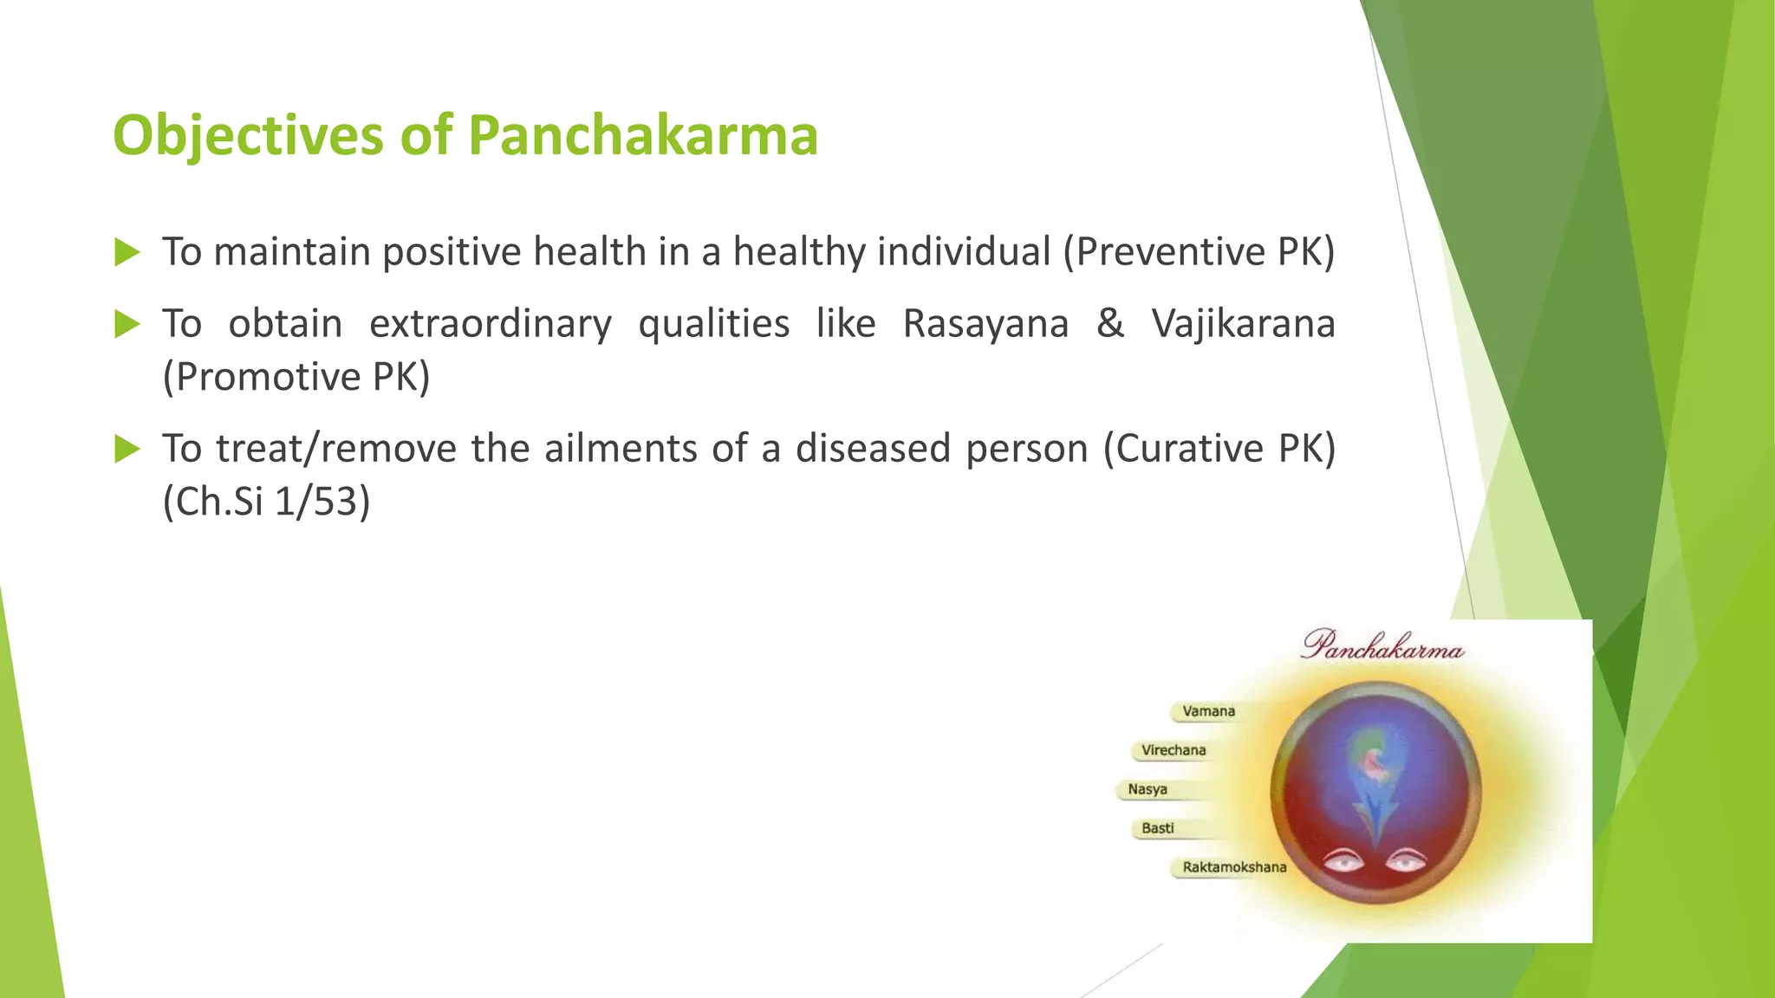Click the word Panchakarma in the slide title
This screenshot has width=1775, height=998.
(x=642, y=135)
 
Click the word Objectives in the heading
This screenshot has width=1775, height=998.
(x=248, y=135)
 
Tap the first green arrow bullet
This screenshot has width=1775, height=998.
(x=127, y=253)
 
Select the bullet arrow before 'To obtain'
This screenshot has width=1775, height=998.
(x=127, y=325)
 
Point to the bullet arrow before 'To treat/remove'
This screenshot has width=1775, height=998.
(x=127, y=449)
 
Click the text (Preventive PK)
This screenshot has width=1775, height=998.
(x=1199, y=252)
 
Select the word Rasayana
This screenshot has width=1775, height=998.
(x=985, y=324)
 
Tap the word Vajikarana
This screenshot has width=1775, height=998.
(x=1243, y=324)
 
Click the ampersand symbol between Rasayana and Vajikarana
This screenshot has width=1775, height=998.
(x=1109, y=324)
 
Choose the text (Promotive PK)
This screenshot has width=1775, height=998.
(x=296, y=377)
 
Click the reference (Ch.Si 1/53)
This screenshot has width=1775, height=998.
(x=267, y=502)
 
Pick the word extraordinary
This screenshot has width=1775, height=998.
(x=490, y=324)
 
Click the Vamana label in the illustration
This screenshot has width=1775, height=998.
(x=1208, y=711)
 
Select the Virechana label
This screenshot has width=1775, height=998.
(x=1173, y=750)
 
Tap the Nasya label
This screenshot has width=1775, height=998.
(x=1148, y=789)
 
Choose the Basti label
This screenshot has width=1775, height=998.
(x=1157, y=828)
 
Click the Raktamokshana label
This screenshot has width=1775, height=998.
(x=1233, y=867)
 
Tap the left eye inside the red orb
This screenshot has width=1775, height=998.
(x=1343, y=861)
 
